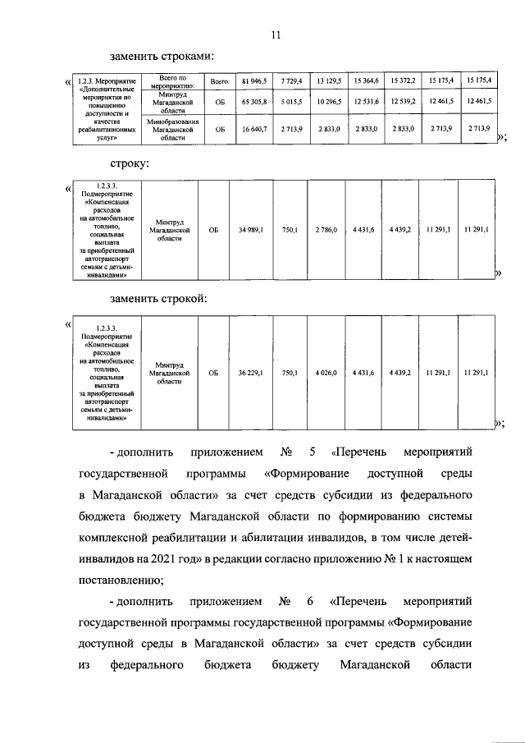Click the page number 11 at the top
tap(276, 34)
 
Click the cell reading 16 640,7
tap(254, 130)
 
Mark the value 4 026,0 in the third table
tap(326, 373)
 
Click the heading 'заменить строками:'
tap(162, 56)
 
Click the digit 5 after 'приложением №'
tap(313, 452)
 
